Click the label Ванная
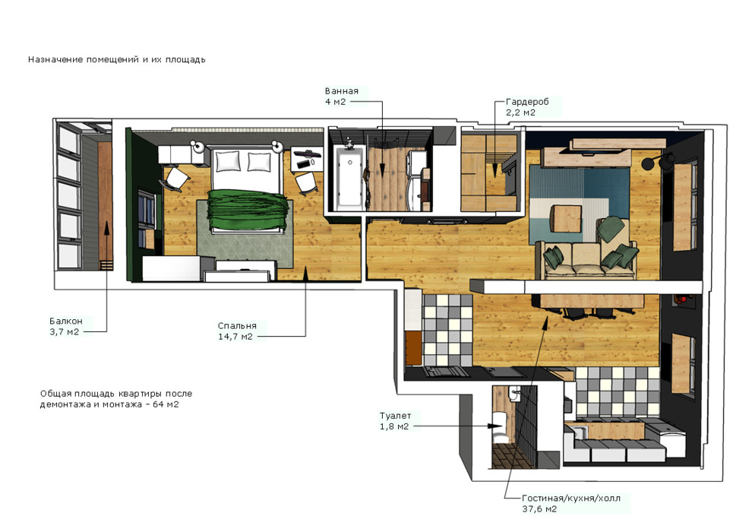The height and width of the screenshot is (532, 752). tap(342, 91)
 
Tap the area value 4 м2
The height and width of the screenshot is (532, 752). tap(335, 102)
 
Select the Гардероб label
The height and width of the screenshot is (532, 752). tap(527, 102)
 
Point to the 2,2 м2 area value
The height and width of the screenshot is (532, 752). tap(520, 112)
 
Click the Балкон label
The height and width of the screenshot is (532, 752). tap(65, 321)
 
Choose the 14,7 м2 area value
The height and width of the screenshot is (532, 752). tap(235, 337)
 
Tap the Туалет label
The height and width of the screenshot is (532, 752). tap(395, 416)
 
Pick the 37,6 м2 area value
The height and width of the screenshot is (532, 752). tap(539, 509)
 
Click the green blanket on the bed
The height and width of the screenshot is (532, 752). tap(247, 210)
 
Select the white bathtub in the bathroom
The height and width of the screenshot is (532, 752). tap(349, 179)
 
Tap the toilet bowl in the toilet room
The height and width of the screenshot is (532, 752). tap(501, 430)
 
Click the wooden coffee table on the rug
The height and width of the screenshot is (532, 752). tap(567, 219)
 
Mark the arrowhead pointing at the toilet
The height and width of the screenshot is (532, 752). tap(494, 426)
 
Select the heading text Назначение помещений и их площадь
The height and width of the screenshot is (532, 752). tap(116, 59)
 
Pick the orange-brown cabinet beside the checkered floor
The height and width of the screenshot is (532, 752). tap(413, 348)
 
